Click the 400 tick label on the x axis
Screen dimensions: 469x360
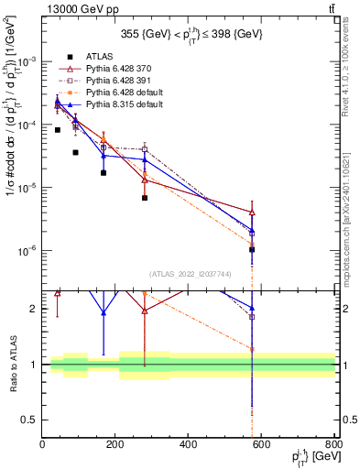coord(189,446)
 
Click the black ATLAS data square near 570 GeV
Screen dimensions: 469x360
coord(252,249)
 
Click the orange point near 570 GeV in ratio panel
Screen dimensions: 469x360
coord(252,349)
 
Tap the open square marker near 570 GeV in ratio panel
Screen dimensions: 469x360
coord(252,317)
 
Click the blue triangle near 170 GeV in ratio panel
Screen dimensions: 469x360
coord(104,312)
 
